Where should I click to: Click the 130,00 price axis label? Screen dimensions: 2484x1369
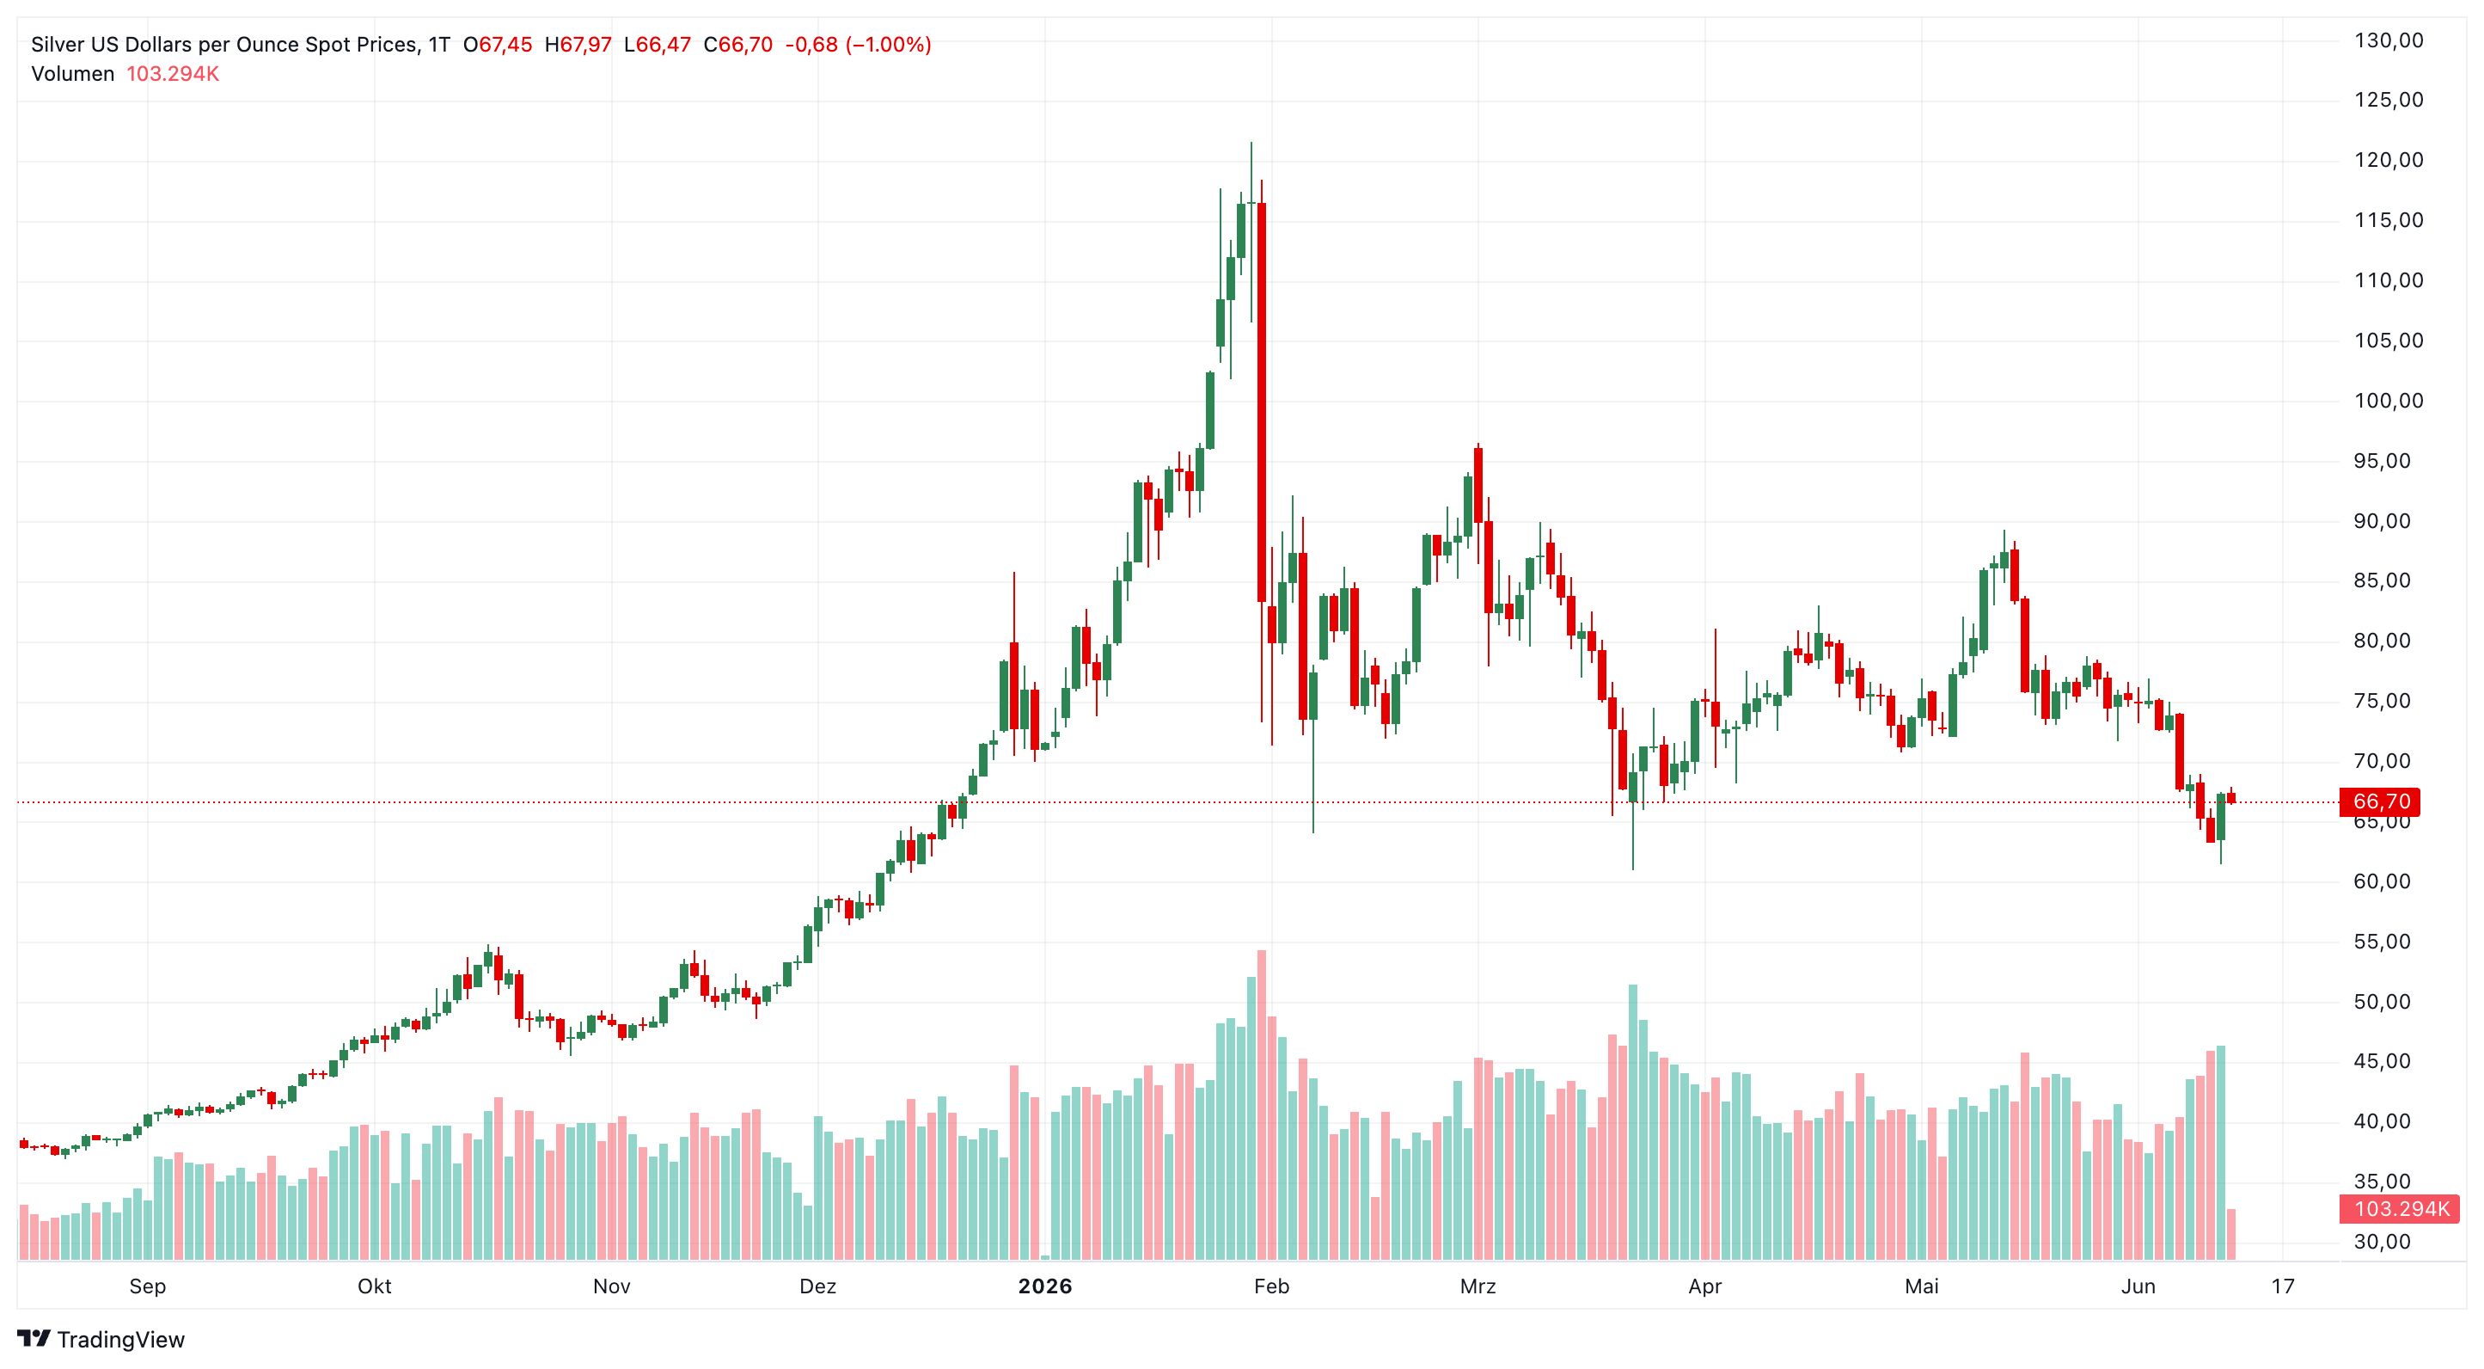(2388, 40)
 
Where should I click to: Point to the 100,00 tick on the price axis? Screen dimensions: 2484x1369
(2388, 401)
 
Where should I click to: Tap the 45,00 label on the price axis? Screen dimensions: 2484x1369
(2382, 1061)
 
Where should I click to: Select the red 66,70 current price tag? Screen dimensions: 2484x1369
(2380, 801)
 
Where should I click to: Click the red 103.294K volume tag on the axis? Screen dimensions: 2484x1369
(2400, 1209)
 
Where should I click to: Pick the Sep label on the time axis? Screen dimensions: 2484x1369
(148, 1286)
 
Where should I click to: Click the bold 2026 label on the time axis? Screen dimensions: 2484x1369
(1045, 1286)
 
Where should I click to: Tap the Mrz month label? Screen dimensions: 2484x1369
(1478, 1286)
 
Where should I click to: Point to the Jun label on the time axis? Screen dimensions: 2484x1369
(2138, 1286)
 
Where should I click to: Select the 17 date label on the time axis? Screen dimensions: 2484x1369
(2283, 1286)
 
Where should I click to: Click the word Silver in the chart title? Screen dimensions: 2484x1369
(58, 45)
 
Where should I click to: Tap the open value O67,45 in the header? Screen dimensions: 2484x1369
(498, 45)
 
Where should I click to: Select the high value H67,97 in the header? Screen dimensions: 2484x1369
(578, 45)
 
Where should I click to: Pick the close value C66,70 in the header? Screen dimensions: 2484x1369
(737, 45)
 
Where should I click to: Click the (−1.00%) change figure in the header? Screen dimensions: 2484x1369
(888, 45)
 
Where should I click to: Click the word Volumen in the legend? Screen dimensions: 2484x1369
(72, 74)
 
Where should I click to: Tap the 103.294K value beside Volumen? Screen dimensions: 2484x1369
(173, 74)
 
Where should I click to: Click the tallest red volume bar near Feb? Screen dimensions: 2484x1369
(1261, 1105)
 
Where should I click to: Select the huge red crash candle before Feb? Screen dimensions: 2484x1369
(1261, 402)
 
